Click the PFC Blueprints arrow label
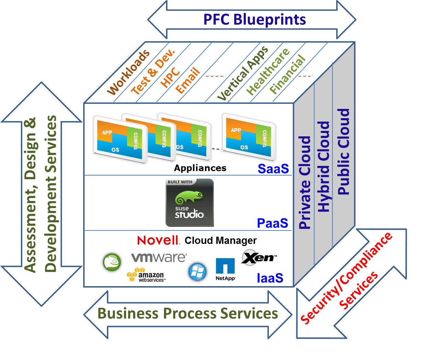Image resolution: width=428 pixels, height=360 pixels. click(254, 20)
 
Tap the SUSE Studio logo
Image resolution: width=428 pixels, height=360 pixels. click(190, 203)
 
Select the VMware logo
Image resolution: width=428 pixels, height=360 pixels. click(159, 258)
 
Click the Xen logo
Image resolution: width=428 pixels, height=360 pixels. click(259, 258)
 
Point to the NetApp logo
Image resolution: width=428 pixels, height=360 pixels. click(225, 269)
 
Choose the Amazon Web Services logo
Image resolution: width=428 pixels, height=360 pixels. click(146, 275)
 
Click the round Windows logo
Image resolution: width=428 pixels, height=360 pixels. click(197, 272)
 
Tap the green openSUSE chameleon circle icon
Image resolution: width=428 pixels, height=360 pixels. click(112, 262)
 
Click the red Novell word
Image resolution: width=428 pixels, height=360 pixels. click(158, 240)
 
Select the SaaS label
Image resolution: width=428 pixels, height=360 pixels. click(273, 169)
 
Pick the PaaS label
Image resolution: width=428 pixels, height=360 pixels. click(273, 223)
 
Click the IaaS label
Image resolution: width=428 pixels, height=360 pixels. click(270, 278)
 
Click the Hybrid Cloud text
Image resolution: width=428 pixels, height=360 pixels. click(323, 167)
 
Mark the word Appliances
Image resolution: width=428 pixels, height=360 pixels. click(200, 168)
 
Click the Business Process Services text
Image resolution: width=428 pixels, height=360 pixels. click(188, 314)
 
